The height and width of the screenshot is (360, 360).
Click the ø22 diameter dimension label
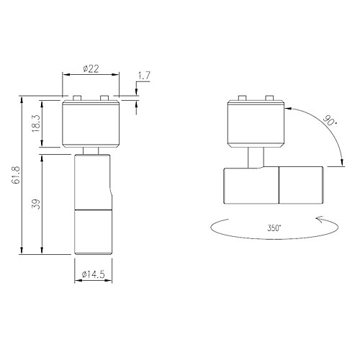[x=91, y=69]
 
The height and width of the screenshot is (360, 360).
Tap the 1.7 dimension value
[x=144, y=76]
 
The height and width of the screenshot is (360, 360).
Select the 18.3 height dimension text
[x=35, y=123]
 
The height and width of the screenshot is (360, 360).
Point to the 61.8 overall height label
[x=16, y=175]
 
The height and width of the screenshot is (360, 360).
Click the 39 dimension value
[x=36, y=204]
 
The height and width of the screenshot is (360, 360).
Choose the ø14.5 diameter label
[x=94, y=274]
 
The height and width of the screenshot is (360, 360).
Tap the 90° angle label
[x=330, y=121]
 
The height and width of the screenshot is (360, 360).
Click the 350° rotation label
[x=274, y=228]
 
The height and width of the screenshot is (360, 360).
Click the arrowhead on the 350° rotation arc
[x=320, y=220]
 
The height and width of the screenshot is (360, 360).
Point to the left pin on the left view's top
[x=77, y=98]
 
